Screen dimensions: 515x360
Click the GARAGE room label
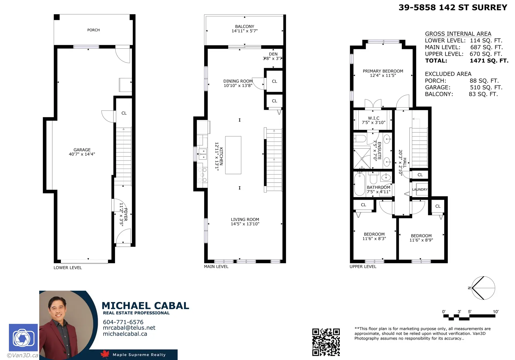point(82,150)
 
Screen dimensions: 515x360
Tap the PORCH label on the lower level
point(93,30)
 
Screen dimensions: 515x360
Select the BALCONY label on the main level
point(245,27)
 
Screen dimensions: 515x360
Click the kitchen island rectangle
point(233,155)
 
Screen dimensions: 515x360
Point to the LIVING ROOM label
point(245,220)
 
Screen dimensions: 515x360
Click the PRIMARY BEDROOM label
point(383,71)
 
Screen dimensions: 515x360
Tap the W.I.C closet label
point(374,118)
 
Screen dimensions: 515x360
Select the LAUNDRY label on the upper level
point(420,190)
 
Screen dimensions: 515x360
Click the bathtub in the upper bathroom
point(359,184)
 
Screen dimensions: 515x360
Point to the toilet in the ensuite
point(360,139)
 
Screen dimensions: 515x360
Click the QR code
point(326,342)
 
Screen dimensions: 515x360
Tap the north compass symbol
point(483,288)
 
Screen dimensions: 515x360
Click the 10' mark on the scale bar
point(495,312)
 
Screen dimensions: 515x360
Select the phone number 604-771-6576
point(123,322)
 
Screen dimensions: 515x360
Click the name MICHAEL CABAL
point(145,306)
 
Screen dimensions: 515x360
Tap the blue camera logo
point(23,338)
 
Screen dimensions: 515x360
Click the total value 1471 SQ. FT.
point(489,61)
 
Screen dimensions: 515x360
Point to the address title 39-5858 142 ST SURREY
point(453,8)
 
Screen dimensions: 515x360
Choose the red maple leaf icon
point(105,354)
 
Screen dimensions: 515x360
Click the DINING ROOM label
point(238,81)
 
